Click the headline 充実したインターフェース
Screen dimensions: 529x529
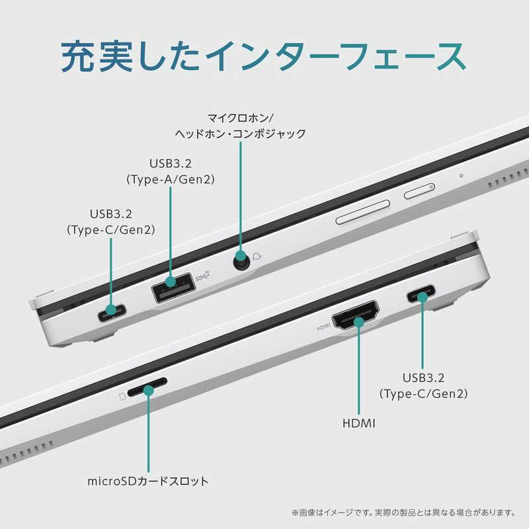[263, 56]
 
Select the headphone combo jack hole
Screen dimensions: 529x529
[241, 261]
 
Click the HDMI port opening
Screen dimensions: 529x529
[356, 315]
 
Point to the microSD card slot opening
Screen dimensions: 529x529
[147, 387]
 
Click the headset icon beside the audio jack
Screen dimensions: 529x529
[257, 257]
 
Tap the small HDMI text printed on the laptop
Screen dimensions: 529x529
[323, 327]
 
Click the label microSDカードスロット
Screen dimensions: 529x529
[147, 481]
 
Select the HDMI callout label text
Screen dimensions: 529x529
[358, 423]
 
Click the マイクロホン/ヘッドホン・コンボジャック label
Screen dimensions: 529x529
[240, 126]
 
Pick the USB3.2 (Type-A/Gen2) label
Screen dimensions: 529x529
[171, 171]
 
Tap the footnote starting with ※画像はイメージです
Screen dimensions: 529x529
[403, 513]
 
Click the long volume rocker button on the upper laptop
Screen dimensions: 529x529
[363, 212]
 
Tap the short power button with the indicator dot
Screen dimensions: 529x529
[419, 191]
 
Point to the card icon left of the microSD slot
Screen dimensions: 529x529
[122, 395]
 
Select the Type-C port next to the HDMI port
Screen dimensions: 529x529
[421, 294]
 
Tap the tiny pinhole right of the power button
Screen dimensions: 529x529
[461, 176]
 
